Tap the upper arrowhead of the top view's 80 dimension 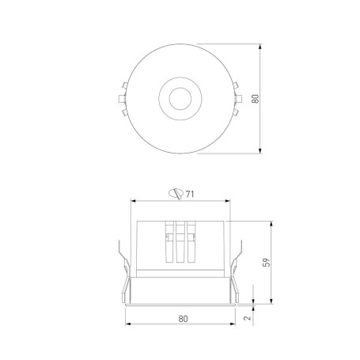[262, 47]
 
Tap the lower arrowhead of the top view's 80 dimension [262, 151]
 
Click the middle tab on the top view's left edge [121, 99]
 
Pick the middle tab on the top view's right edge [238, 99]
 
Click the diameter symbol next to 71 [177, 191]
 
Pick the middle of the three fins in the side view [180, 241]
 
